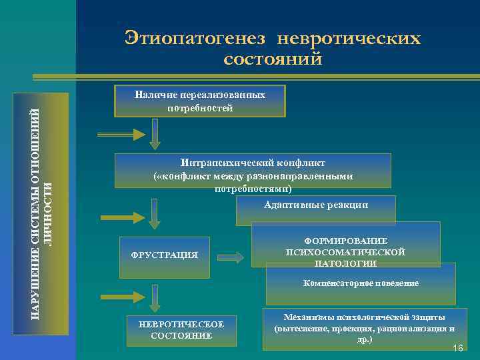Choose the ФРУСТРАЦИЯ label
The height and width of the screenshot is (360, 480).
pyautogui.click(x=165, y=255)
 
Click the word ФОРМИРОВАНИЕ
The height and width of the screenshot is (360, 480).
pyautogui.click(x=345, y=241)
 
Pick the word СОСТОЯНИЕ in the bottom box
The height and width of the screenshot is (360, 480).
pyautogui.click(x=181, y=335)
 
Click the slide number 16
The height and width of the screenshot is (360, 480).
pyautogui.click(x=457, y=349)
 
